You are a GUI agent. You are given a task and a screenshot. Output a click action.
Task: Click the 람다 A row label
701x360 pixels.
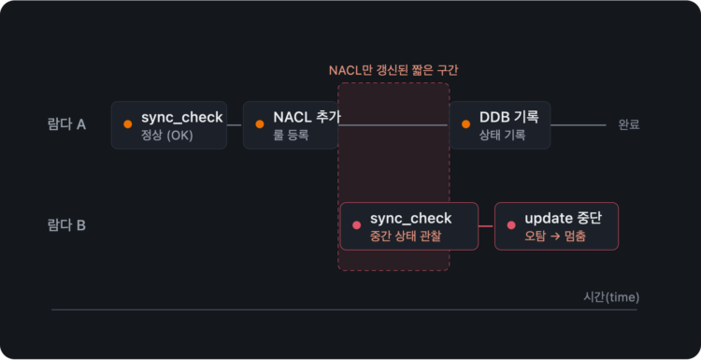[x=66, y=124]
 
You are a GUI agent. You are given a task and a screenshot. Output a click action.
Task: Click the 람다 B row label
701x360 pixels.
[x=66, y=225]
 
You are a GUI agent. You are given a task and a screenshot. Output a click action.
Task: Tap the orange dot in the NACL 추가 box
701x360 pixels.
[x=260, y=124]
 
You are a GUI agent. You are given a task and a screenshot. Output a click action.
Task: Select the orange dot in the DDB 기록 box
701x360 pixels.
[x=465, y=124]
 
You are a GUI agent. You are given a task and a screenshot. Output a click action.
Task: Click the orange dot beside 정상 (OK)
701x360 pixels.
[x=128, y=124]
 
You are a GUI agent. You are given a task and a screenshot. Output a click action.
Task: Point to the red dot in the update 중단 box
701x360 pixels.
[x=511, y=225]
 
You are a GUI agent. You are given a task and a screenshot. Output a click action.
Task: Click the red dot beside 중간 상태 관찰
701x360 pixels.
[x=357, y=225]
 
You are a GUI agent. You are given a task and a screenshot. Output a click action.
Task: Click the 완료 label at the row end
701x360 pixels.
[x=629, y=124]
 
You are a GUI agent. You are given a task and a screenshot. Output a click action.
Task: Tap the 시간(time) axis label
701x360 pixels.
[x=611, y=297]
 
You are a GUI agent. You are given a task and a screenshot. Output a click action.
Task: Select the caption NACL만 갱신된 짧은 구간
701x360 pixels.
[x=393, y=71]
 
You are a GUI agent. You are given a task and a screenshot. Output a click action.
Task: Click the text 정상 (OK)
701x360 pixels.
[x=167, y=136]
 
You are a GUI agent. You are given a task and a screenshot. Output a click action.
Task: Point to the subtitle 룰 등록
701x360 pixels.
[x=291, y=135]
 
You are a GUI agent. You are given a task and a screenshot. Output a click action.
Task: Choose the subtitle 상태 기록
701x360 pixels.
[x=503, y=135]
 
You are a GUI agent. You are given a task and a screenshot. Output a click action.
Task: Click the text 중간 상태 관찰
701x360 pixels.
[x=406, y=237]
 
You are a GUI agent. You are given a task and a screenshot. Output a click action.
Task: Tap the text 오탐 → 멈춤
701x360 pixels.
[x=555, y=237]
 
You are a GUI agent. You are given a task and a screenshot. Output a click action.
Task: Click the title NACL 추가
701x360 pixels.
[x=308, y=117]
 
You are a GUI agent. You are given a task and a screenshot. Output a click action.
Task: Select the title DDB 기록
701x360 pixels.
[x=509, y=117]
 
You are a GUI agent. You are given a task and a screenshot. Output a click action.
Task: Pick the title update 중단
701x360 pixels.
[x=564, y=218]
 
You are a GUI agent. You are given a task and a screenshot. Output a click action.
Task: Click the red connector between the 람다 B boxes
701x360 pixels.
[x=486, y=226]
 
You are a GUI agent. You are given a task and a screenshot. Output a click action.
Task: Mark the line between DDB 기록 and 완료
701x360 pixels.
[x=578, y=125]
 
